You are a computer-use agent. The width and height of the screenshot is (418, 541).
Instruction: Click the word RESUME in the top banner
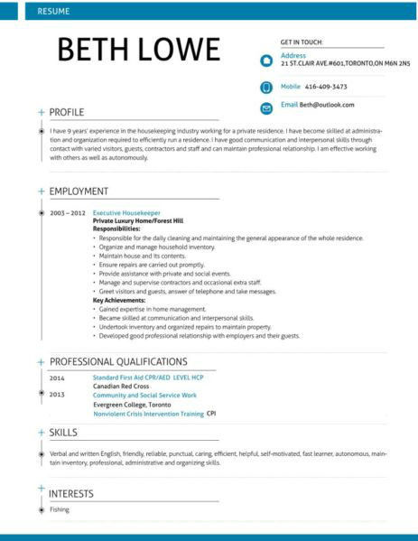tap(52, 10)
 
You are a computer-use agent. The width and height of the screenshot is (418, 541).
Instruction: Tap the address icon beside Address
tap(265, 61)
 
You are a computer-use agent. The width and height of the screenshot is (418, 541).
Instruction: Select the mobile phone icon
tap(265, 88)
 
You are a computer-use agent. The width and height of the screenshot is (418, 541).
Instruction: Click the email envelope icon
tap(265, 107)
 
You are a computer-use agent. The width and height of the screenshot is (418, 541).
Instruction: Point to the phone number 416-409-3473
tap(326, 87)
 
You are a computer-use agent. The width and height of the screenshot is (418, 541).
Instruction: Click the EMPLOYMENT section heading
tap(79, 191)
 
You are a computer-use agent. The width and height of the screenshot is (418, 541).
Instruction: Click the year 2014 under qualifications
tap(57, 378)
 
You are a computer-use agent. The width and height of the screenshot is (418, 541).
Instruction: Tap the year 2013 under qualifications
tap(57, 395)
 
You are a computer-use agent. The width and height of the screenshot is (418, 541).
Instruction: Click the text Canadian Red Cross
tap(122, 386)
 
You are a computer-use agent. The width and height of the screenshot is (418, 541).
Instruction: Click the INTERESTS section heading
tap(72, 493)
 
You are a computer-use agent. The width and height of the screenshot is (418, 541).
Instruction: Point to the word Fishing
tap(60, 510)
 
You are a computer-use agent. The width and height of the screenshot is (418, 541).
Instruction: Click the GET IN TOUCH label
tap(302, 42)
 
